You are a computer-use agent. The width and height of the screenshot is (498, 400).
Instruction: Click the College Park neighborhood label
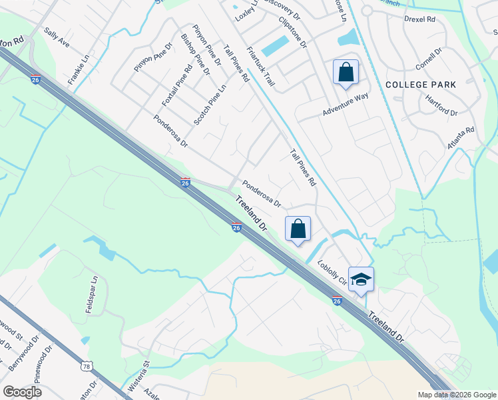(420, 85)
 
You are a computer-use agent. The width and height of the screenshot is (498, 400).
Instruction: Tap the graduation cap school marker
(361, 279)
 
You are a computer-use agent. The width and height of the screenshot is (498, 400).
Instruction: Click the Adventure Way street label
(346, 105)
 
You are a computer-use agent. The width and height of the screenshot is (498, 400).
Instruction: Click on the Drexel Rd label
(419, 19)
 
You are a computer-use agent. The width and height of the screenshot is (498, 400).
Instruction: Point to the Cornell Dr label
(429, 61)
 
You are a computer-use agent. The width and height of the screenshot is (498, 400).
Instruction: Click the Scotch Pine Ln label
(210, 104)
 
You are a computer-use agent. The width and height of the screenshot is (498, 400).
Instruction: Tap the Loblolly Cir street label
(333, 272)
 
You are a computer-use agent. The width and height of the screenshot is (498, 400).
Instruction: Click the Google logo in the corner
(23, 392)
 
